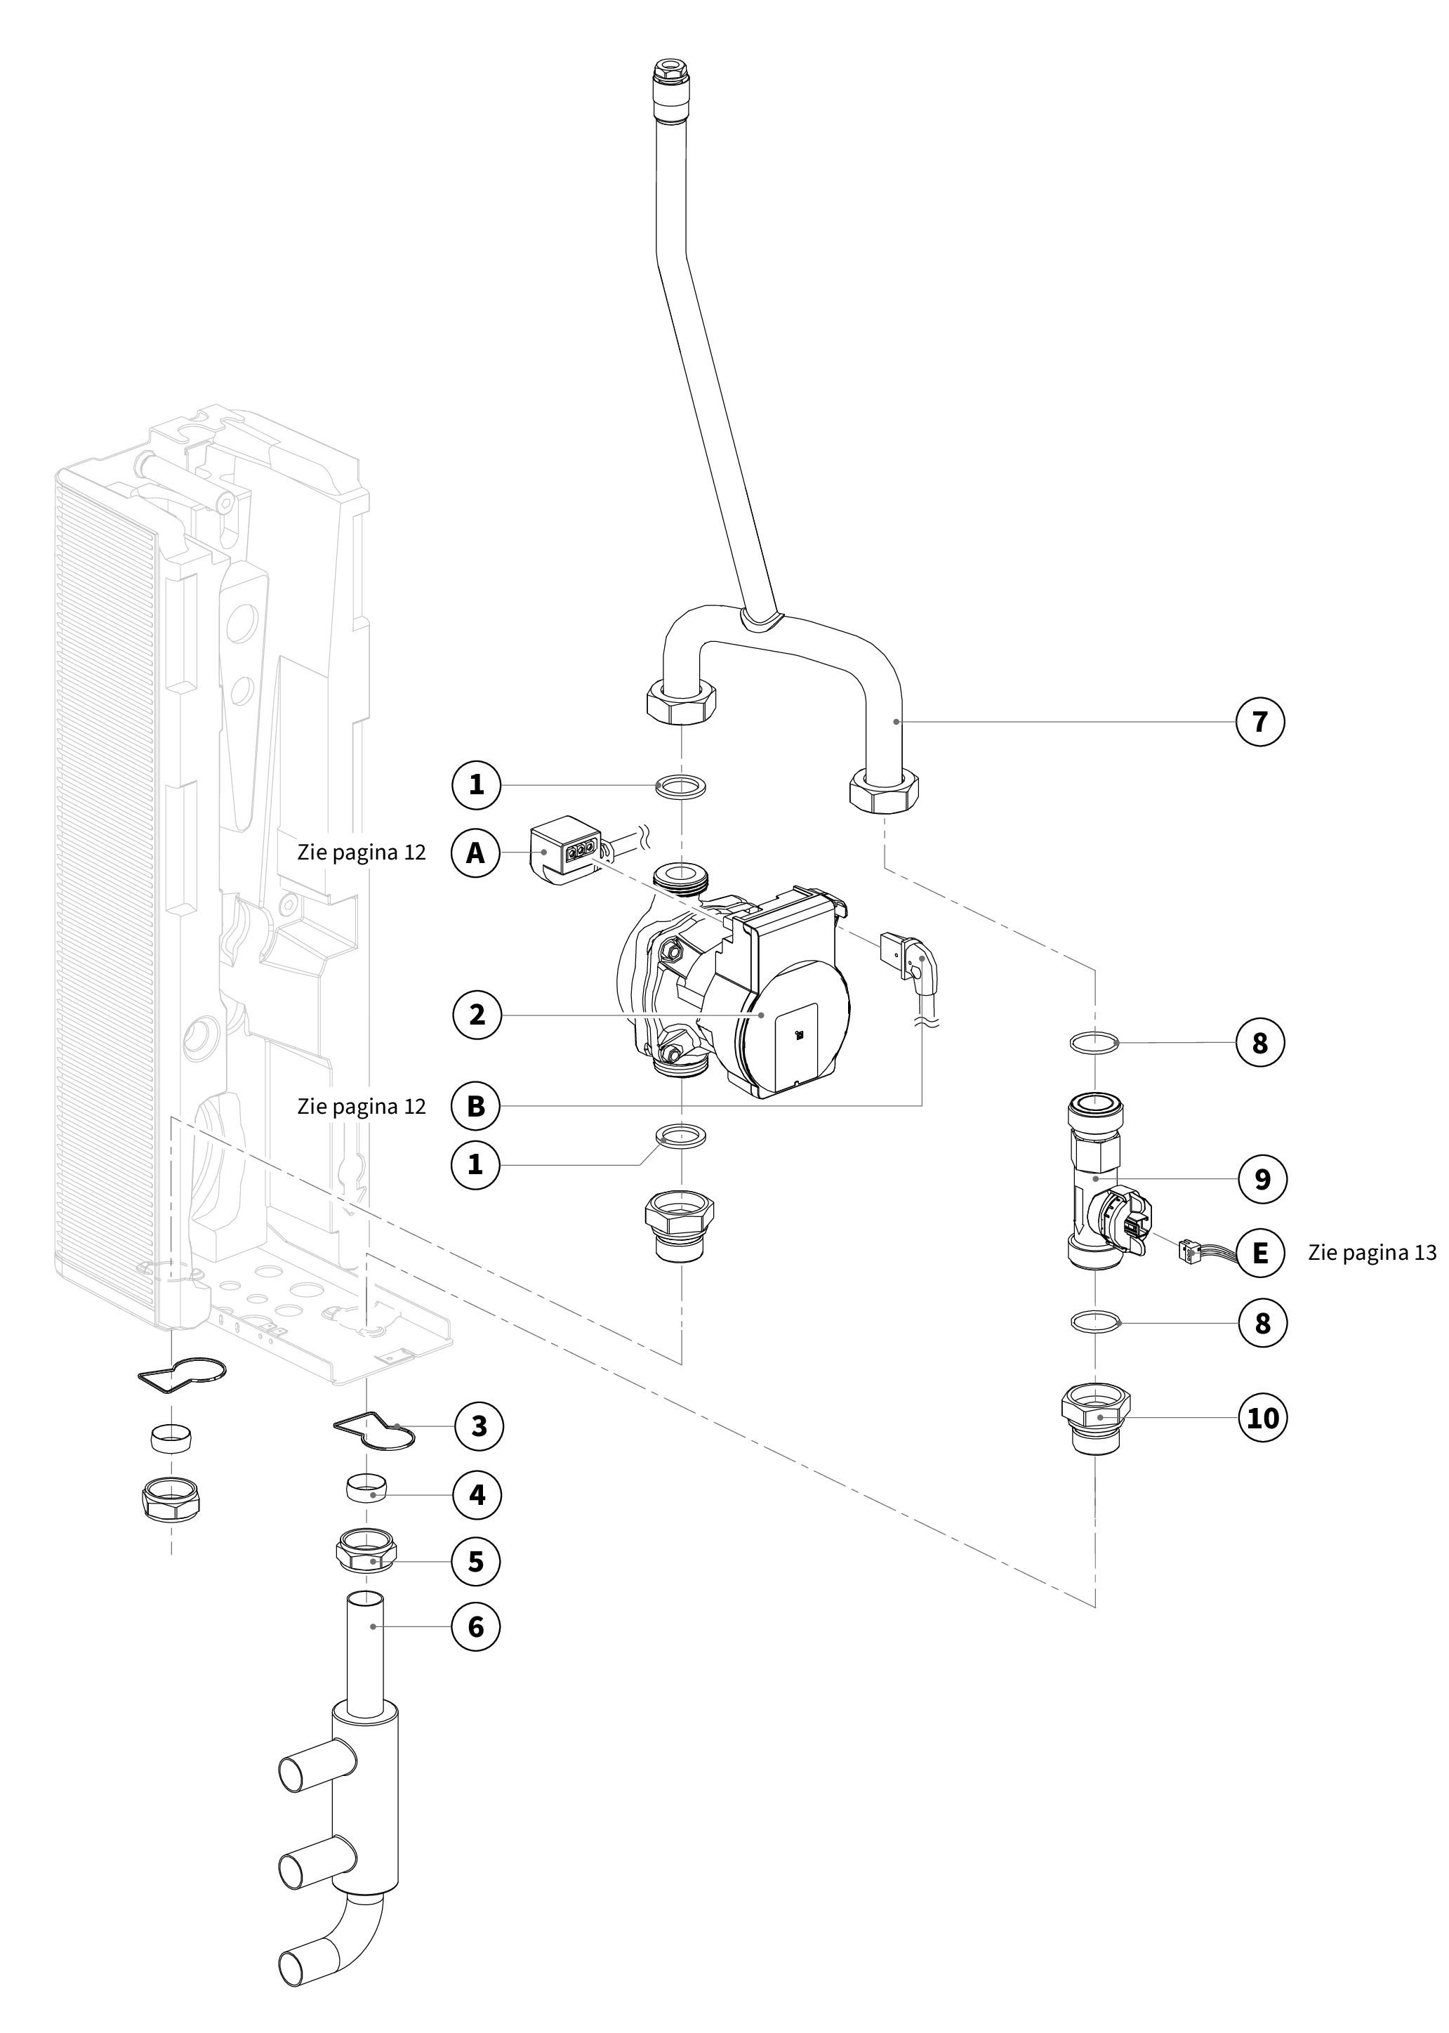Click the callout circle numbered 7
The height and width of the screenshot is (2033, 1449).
(1260, 721)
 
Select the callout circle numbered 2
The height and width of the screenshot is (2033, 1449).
(477, 1014)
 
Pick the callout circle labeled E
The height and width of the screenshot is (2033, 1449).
(1260, 1253)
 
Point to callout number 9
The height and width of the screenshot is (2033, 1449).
(1262, 1179)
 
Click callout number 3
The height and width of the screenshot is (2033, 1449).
(479, 1426)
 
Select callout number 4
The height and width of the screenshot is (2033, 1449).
(477, 1494)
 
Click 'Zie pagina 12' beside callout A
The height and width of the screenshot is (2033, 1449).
(362, 853)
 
